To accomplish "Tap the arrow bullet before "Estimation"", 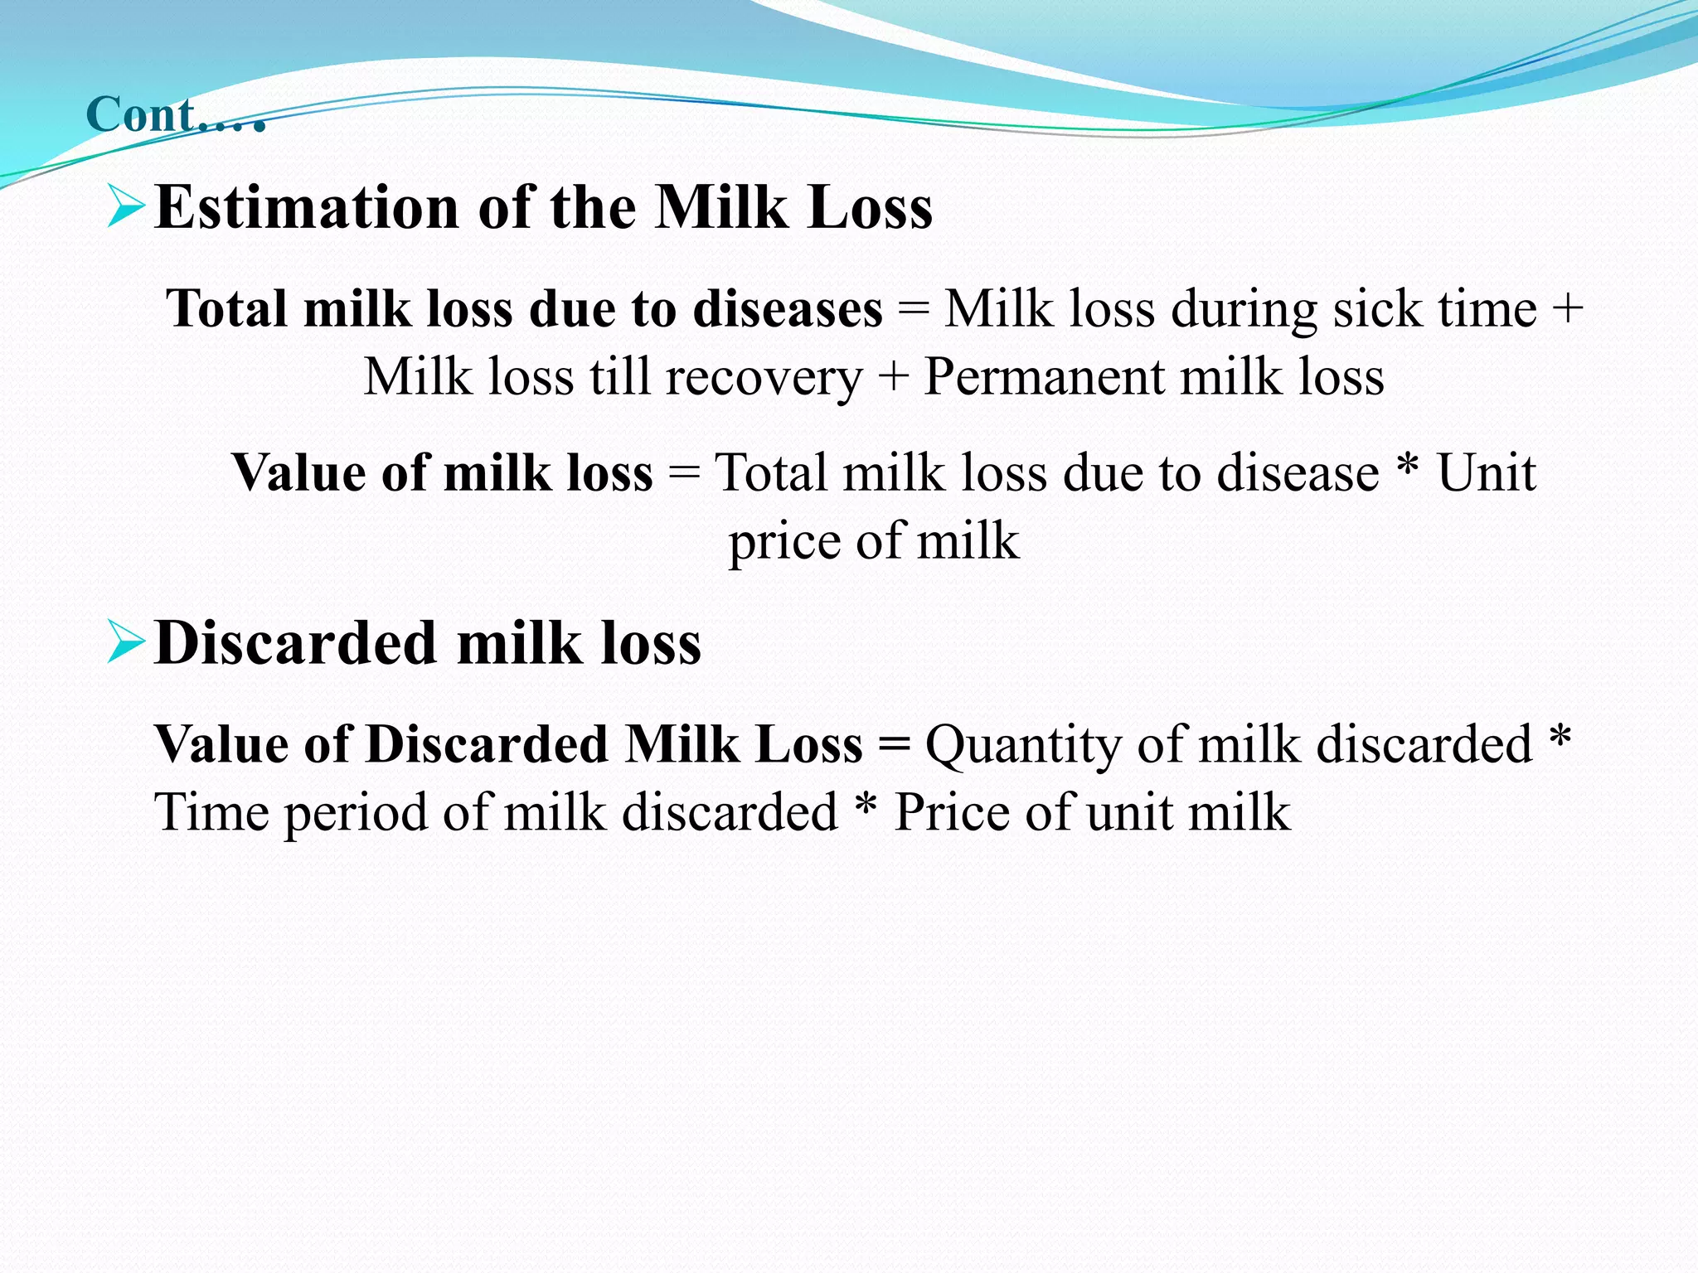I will click(x=126, y=207).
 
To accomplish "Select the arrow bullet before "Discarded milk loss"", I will click(x=126, y=644).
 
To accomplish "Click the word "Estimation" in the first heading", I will click(x=306, y=207).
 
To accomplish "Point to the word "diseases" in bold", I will click(x=787, y=309).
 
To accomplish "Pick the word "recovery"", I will click(x=764, y=378).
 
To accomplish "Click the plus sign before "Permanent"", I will click(x=893, y=378).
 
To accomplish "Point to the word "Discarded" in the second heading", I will click(x=295, y=644).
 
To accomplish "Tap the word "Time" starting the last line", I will click(x=211, y=811).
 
